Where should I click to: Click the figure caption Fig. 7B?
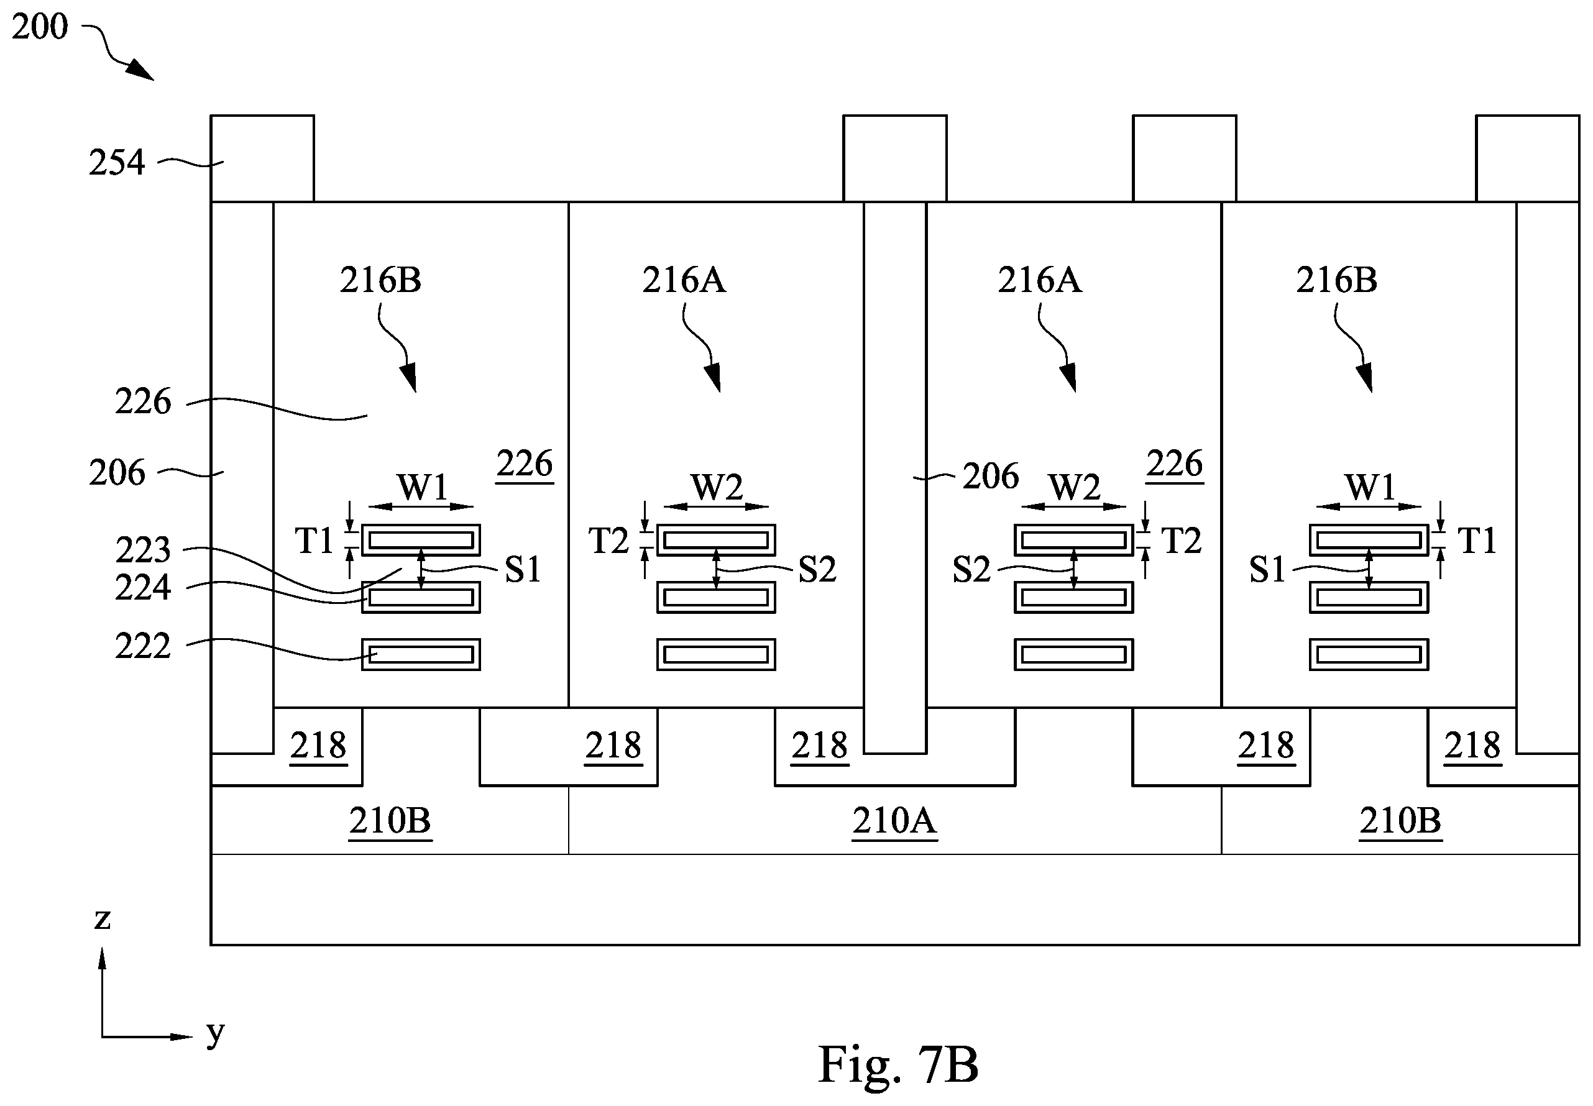point(897,1064)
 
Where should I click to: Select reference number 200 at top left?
point(40,26)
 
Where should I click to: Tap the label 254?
point(116,162)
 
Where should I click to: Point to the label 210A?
point(894,821)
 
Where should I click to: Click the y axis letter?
point(216,1033)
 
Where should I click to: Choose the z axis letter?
point(102,918)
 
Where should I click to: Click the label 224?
point(142,588)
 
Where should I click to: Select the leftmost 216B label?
point(380,280)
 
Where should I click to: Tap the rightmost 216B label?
point(1336,280)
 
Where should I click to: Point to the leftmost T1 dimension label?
point(314,541)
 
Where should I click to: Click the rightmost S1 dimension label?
point(1267,570)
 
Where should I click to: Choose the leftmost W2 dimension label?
point(717,487)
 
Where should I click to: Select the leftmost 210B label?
point(390,821)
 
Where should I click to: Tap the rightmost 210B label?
point(1400,821)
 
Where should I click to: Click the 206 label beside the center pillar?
point(991,476)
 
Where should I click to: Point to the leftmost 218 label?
point(318,746)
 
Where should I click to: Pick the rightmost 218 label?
point(1472,746)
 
